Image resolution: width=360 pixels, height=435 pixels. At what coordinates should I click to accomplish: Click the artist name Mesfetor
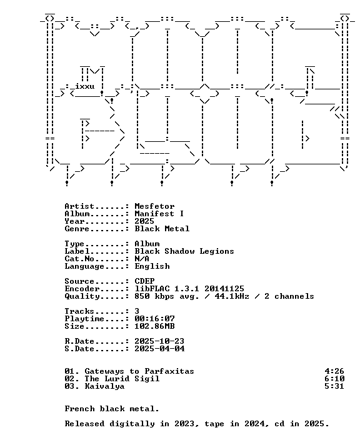154,206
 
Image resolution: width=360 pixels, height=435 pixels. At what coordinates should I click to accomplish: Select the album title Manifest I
159,214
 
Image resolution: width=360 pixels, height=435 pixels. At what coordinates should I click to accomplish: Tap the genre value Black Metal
162,229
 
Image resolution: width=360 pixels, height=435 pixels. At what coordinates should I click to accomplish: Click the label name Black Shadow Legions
184,251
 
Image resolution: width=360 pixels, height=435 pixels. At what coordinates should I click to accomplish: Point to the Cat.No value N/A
142,259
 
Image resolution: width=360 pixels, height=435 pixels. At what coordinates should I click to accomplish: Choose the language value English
152,266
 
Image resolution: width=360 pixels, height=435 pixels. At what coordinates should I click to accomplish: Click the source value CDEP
145,281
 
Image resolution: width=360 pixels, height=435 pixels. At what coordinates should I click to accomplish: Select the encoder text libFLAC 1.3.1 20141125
189,289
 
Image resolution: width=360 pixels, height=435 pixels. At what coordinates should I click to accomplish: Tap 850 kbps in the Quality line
154,296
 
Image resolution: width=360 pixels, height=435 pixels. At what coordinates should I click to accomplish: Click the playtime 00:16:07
155,319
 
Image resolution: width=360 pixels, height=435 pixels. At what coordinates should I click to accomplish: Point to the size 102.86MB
155,326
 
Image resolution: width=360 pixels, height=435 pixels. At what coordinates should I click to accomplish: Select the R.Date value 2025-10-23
159,341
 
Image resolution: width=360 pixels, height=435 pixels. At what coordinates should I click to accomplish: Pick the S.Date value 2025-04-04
159,349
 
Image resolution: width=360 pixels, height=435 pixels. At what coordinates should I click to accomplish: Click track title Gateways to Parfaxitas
139,371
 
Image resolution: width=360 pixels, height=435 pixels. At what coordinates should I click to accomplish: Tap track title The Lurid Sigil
122,379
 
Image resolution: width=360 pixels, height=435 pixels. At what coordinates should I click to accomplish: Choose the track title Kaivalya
104,386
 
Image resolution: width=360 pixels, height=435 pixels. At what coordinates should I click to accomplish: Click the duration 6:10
334,379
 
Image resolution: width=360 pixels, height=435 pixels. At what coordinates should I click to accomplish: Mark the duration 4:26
334,371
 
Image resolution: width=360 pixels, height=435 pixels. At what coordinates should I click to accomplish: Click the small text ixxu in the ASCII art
85,86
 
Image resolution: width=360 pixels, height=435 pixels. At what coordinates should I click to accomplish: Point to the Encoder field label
82,289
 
